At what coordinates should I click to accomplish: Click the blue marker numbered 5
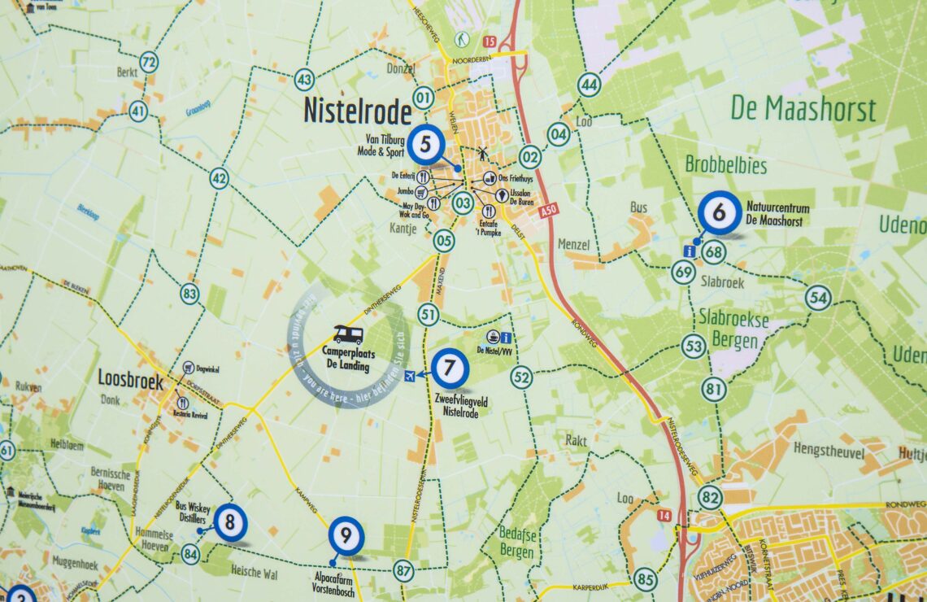click(426, 146)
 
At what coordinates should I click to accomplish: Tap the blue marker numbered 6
click(719, 213)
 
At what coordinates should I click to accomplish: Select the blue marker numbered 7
click(450, 369)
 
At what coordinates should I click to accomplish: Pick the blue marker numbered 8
click(231, 522)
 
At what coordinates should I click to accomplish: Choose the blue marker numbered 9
click(346, 536)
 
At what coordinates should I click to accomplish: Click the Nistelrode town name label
click(357, 111)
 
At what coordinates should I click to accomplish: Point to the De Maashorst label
click(803, 108)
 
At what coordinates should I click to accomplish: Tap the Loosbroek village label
click(130, 380)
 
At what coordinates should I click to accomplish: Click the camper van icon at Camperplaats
click(349, 335)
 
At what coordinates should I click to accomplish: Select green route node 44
click(589, 85)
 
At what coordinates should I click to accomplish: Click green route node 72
click(148, 62)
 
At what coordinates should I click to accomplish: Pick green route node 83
click(189, 294)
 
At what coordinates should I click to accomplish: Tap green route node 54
click(818, 299)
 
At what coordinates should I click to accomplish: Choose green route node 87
click(403, 570)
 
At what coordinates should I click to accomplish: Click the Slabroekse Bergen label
click(733, 330)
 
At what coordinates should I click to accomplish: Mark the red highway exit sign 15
click(489, 41)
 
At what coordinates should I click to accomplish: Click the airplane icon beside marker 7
click(410, 374)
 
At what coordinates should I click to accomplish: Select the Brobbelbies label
click(725, 166)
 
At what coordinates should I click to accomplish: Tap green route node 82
click(709, 496)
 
